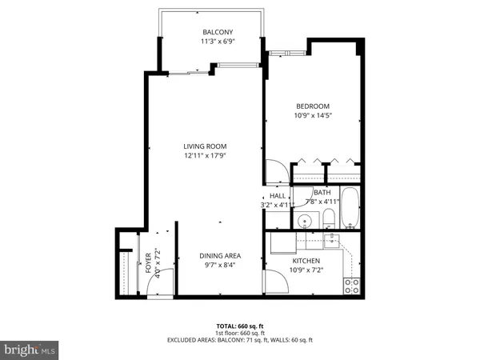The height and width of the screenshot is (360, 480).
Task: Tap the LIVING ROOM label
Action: coord(205,146)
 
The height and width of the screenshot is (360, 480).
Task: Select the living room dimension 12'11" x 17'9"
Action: coord(205,156)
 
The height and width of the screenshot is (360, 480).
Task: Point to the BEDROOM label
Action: coord(314,106)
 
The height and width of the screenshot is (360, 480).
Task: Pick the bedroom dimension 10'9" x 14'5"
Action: coord(314,115)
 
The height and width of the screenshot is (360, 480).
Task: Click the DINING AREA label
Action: coord(220,256)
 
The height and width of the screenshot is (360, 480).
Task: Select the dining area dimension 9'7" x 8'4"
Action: coord(220,266)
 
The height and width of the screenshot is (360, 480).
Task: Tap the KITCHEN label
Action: coord(306,261)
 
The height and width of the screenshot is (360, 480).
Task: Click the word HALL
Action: coord(278,195)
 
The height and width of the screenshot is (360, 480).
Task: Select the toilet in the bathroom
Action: coord(328,219)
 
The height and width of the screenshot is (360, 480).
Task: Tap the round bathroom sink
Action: coord(304,221)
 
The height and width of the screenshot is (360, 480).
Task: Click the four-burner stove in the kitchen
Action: coord(351,285)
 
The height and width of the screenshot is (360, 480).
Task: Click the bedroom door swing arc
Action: coord(274,170)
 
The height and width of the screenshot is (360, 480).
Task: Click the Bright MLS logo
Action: coord(30,350)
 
